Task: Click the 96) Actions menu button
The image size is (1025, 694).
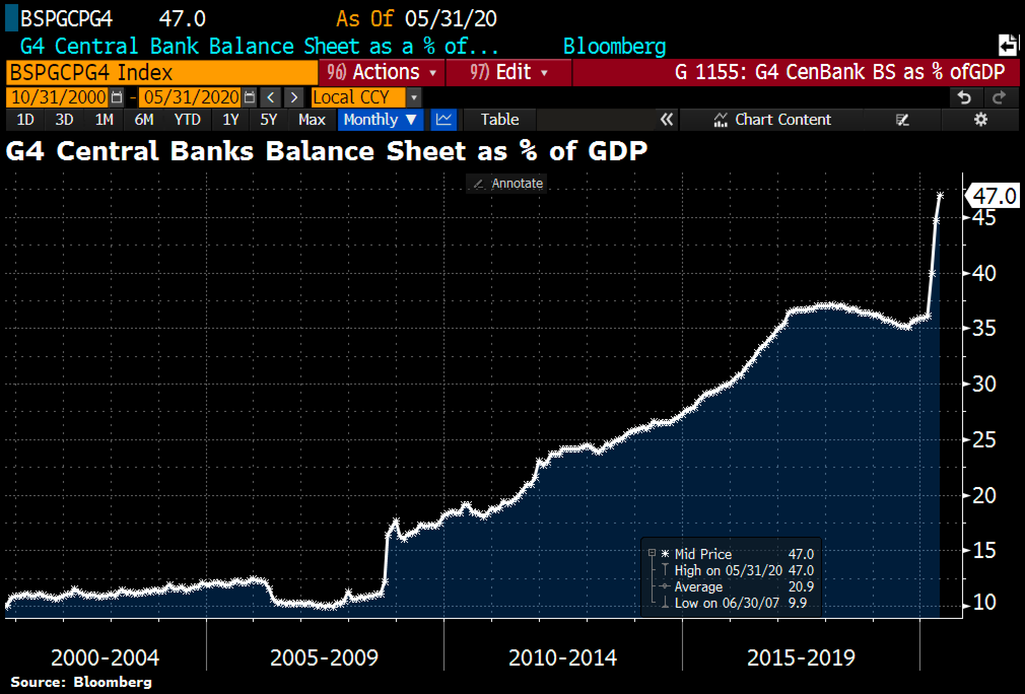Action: coord(382,72)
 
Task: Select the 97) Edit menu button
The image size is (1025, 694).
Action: coord(508,72)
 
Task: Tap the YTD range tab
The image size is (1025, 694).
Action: coord(187,120)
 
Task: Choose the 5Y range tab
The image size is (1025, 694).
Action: coord(268,120)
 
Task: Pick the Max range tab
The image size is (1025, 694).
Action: coord(312,120)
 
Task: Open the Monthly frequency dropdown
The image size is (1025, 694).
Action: coord(380,120)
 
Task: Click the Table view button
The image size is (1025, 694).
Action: coord(500,120)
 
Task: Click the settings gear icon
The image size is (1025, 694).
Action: coord(981,120)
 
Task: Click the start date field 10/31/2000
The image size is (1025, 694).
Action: coord(59,97)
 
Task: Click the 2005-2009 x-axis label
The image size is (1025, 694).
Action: coord(324,658)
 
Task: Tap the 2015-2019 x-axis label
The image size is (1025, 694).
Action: coord(801,658)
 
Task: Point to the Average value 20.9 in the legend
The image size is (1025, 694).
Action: coord(801,587)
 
